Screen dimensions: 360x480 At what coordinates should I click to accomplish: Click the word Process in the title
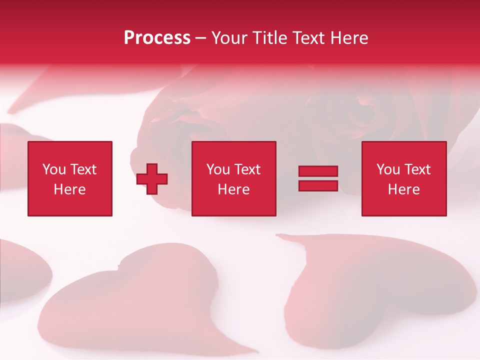point(157,38)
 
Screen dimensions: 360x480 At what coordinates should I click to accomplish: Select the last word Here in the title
point(349,38)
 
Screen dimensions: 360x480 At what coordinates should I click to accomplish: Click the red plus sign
point(152,179)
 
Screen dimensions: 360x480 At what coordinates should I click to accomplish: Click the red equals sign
point(318,178)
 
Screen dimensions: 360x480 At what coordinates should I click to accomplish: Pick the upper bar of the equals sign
point(318,171)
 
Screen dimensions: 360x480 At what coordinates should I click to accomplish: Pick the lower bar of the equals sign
point(318,185)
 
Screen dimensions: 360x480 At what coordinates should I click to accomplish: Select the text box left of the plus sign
point(70,178)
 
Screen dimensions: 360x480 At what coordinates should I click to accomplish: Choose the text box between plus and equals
point(234,178)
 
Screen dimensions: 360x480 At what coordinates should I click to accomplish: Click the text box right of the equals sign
point(404,178)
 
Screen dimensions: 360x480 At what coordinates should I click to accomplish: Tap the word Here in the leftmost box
point(70,189)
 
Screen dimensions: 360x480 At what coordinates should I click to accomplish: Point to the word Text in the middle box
point(247,169)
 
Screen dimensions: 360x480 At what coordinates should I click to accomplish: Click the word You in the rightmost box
point(388,169)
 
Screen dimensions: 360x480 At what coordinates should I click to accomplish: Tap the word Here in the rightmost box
point(404,189)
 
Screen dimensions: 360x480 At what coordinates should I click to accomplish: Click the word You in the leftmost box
point(54,169)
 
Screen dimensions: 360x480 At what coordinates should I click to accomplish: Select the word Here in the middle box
point(234,189)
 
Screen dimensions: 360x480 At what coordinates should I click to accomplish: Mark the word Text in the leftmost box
point(83,169)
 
